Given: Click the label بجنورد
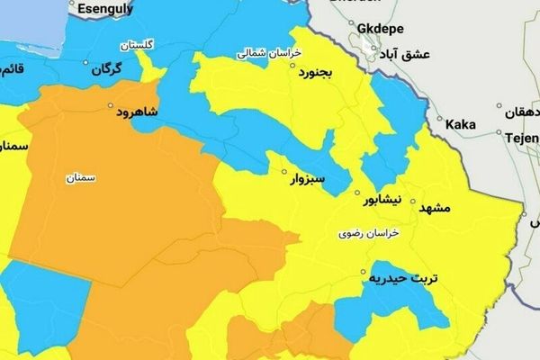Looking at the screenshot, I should (316, 72).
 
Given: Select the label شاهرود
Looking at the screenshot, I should (137, 112).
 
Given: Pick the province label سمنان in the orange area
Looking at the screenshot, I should (81, 178).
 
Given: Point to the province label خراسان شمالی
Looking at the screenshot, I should (266, 53).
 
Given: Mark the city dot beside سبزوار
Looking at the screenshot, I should (284, 172).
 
